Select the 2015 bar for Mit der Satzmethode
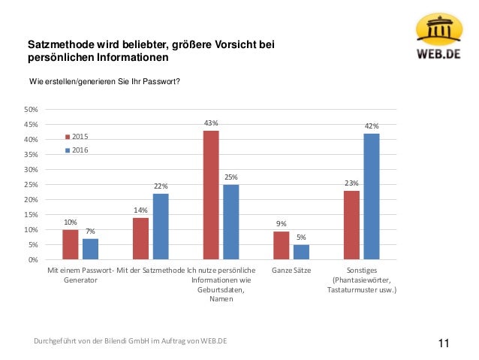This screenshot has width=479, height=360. tap(140, 238)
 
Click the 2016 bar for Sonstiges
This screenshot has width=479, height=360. tap(371, 197)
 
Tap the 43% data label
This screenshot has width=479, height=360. tap(211, 123)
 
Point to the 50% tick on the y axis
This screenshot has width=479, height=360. tap(32, 110)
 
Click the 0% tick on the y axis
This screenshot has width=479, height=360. tap(33, 260)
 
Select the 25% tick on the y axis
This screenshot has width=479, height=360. tap(32, 185)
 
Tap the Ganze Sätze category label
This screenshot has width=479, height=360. tap(291, 270)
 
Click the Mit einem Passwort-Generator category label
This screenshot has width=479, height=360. tap(80, 274)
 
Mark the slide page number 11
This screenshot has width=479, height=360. tap(442, 343)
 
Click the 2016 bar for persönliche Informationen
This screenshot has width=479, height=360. tap(231, 222)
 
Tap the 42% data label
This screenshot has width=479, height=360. tap(371, 126)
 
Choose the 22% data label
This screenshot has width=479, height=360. tap(161, 186)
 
